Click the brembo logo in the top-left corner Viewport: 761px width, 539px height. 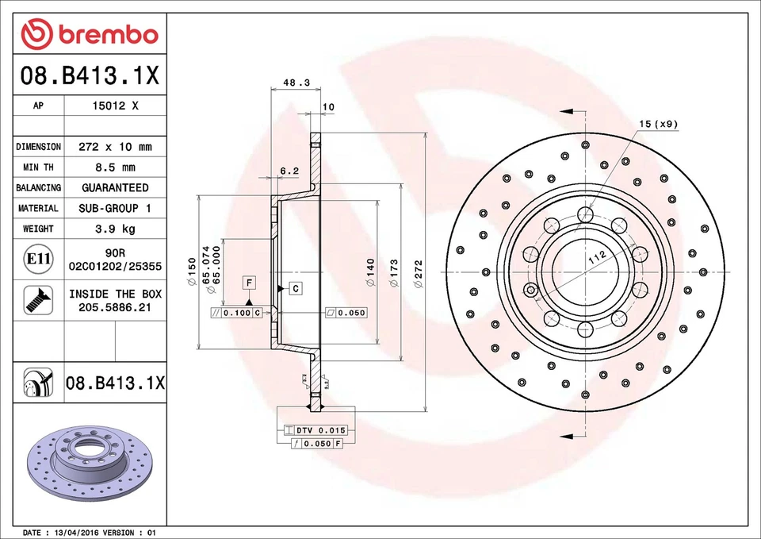coord(90,34)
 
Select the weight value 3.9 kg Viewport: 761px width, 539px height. coord(115,229)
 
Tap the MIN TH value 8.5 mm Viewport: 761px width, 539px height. coord(115,167)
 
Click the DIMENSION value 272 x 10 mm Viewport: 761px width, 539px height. coord(115,147)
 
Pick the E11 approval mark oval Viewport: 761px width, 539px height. coord(38,259)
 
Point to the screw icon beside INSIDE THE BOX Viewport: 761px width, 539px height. coord(38,299)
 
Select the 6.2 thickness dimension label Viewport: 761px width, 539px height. coord(289,171)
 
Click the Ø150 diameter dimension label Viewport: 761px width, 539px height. coord(191,272)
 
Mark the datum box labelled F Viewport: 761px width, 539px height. coord(249,283)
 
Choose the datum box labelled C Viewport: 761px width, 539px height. coord(295,288)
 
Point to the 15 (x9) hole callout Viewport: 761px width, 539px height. coord(658,123)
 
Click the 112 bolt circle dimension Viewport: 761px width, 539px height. coord(597,256)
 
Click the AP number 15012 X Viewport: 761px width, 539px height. coord(115,106)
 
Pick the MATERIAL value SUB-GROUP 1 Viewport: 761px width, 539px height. coord(115,208)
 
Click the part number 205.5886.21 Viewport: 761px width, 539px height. coord(115,307)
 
